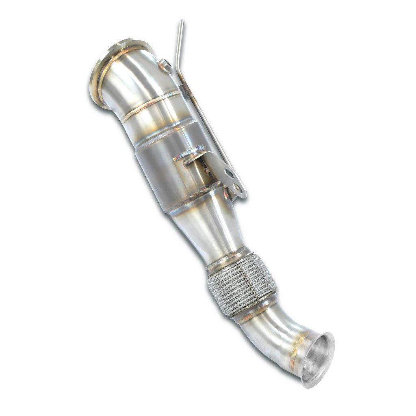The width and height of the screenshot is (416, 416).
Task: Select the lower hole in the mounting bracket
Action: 238,188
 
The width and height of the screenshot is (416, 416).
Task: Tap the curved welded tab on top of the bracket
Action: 189,154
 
